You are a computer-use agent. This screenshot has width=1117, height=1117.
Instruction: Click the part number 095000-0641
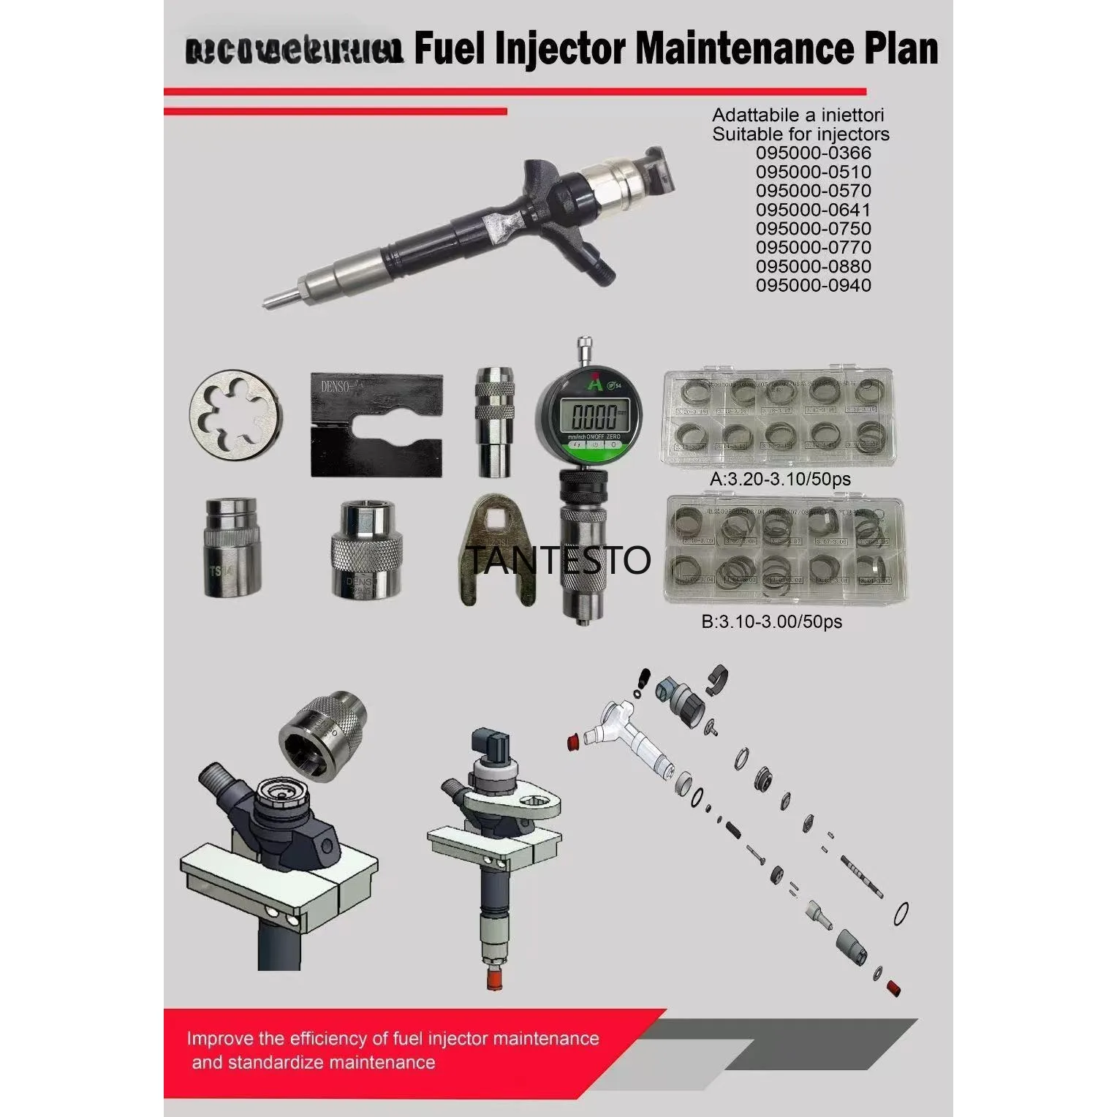tap(814, 210)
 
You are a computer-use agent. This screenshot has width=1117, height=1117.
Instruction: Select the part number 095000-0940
tap(814, 286)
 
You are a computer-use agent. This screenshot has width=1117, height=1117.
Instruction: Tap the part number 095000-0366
tap(814, 153)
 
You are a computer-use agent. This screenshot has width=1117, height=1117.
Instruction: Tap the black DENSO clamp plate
tap(376, 425)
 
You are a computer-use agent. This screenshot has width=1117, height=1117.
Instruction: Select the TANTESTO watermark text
tap(557, 560)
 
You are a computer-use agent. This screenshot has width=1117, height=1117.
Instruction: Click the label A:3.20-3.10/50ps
tap(781, 480)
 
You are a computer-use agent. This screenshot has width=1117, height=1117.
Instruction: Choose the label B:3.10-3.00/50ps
tap(771, 622)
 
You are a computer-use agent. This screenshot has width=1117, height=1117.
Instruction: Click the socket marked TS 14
tap(231, 545)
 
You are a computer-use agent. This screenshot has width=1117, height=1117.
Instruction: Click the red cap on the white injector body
tap(575, 744)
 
